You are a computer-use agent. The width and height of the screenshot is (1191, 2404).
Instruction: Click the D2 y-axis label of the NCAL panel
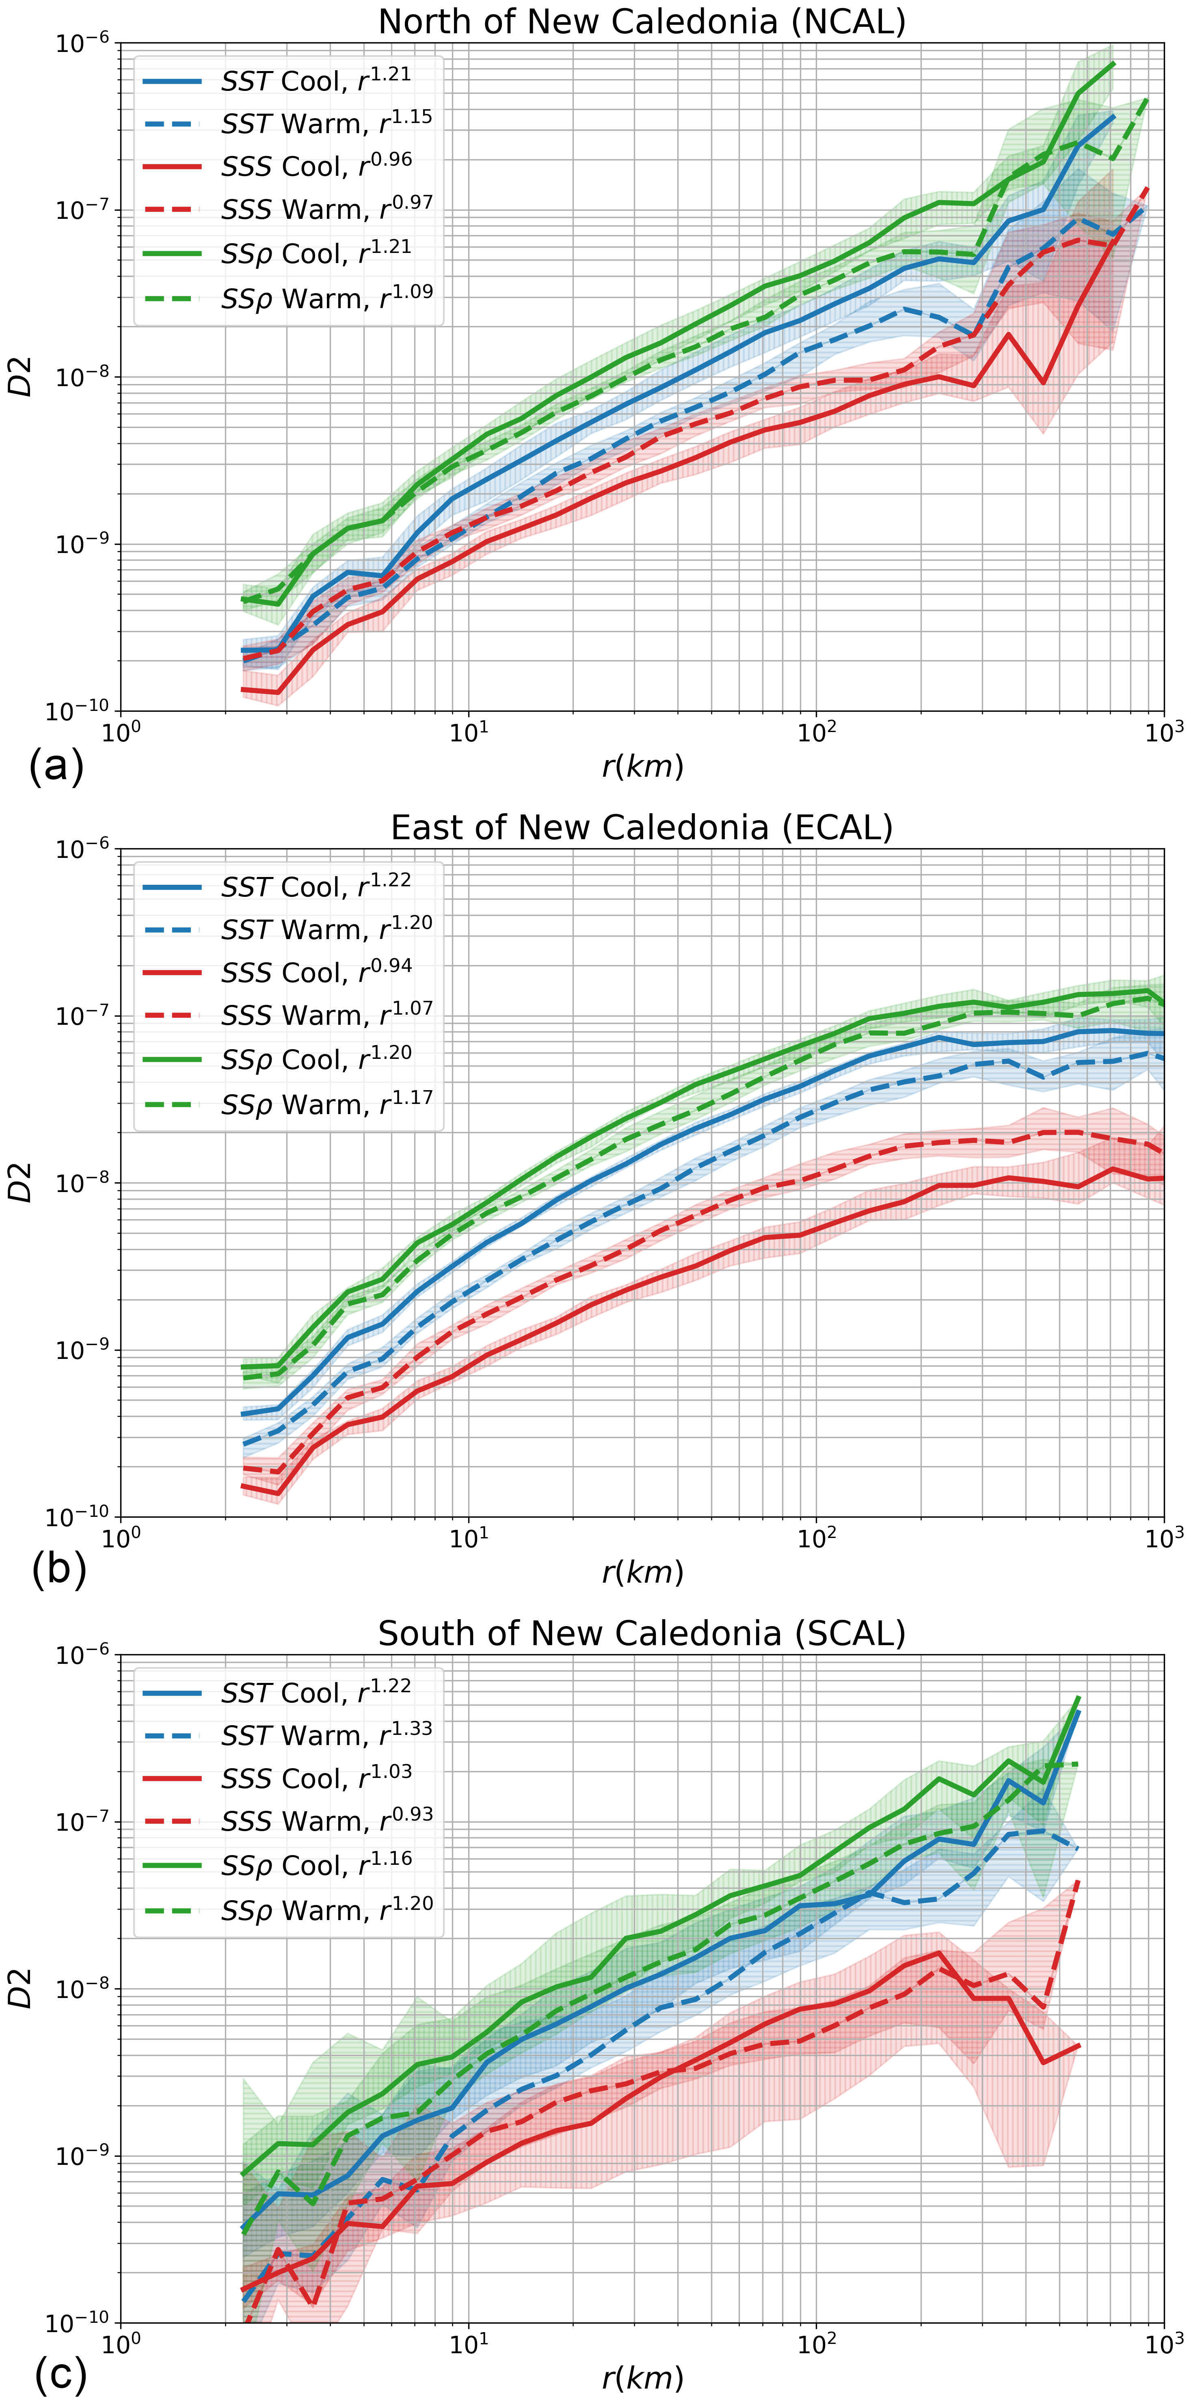coord(21,377)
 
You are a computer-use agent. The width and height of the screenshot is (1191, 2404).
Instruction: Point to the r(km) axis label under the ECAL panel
coord(642,1572)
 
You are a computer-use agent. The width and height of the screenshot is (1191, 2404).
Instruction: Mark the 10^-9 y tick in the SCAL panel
coord(82,2157)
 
